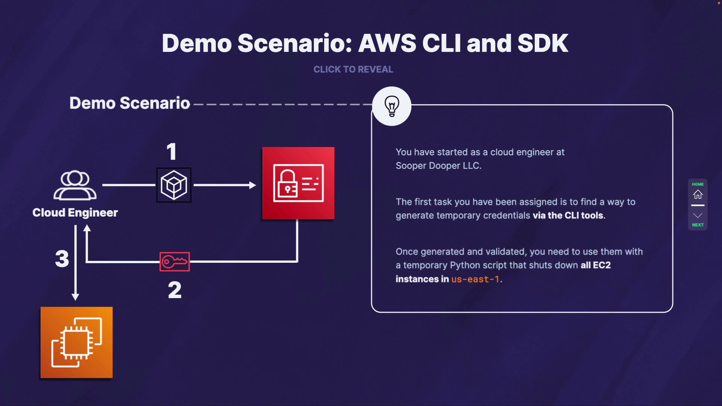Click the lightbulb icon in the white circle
[x=391, y=106]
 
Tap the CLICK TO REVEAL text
[x=353, y=70]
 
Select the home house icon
[x=698, y=194]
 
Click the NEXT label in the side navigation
[x=698, y=225]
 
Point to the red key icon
[x=174, y=261]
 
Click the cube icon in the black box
[x=174, y=185]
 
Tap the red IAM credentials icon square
[x=298, y=183]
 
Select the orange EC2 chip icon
[x=77, y=342]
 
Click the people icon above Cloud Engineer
[x=75, y=185]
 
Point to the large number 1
[x=171, y=151]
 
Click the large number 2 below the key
[x=174, y=290]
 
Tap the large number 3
[x=62, y=259]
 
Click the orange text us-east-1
[x=475, y=279]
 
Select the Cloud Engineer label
[x=75, y=213]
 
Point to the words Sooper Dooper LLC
[x=438, y=166]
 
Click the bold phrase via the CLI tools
[x=568, y=215]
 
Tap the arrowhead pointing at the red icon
[x=253, y=185]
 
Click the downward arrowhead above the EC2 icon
[x=75, y=297]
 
